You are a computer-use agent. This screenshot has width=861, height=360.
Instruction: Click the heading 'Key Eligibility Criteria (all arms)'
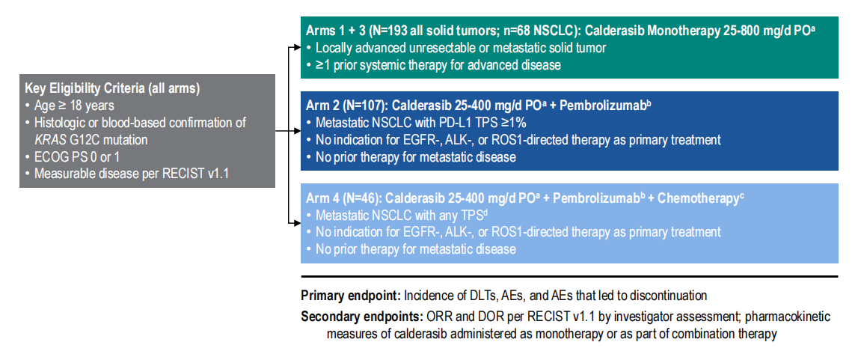[112, 89]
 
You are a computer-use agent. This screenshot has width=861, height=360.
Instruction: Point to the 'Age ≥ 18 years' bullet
[72, 106]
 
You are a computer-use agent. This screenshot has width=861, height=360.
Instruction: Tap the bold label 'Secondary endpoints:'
[361, 317]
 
